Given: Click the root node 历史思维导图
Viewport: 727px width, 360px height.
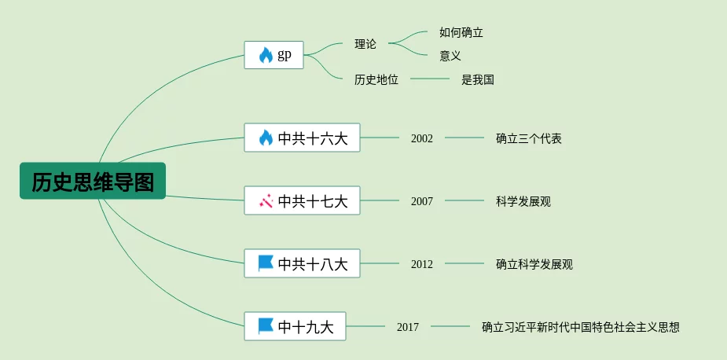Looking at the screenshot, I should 93,182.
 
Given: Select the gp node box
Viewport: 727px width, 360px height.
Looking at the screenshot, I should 274,55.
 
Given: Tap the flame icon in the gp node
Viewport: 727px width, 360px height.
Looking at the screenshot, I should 266,55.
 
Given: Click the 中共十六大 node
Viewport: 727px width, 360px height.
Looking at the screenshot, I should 302,138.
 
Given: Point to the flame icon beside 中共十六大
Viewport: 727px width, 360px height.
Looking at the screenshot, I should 266,138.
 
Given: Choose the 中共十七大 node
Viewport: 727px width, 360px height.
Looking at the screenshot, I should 302,201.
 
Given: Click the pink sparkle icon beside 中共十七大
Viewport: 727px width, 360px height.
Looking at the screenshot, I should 266,201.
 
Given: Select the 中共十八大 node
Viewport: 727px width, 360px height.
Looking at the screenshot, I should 302,264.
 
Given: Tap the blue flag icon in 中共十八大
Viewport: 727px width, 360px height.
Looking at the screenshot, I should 266,263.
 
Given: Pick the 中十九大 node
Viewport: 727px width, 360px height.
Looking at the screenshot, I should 295,326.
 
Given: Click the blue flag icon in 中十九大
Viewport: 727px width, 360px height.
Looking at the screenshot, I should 266,325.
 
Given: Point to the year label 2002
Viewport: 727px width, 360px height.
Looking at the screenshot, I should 422,138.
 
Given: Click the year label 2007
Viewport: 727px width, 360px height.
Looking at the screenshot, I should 422,201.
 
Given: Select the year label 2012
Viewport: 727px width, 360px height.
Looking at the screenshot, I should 422,264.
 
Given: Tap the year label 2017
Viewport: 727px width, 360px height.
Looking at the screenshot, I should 408,327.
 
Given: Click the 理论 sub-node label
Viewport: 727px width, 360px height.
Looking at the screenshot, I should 365,44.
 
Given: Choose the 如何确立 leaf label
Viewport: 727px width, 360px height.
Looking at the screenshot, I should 461,32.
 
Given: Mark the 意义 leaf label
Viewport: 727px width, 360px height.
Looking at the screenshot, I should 450,56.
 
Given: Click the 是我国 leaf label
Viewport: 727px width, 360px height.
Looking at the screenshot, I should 478,79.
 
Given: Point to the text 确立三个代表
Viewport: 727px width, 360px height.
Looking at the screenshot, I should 529,138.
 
